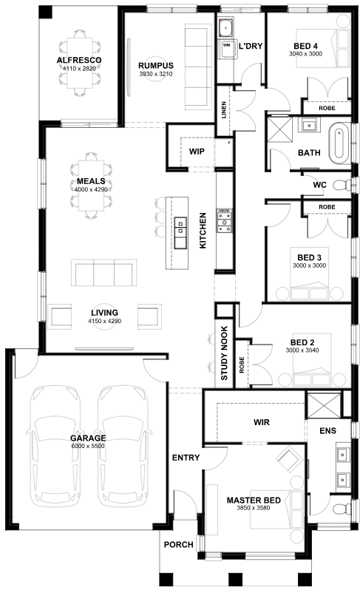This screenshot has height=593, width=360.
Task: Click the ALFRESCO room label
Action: point(79,60)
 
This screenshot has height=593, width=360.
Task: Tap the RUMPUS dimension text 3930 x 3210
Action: point(156,74)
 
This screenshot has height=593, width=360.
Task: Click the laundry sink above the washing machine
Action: point(226,27)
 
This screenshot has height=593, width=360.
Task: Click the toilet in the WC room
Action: point(342,185)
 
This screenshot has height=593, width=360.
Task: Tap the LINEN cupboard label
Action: point(224,110)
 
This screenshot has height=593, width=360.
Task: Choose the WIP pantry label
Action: point(197,152)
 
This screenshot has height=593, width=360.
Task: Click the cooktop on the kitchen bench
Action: point(224,220)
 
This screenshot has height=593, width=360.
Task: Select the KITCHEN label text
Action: point(203,230)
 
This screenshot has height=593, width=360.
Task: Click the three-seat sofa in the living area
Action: point(104,272)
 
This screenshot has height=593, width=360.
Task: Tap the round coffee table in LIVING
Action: point(105,316)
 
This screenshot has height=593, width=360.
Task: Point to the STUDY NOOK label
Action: point(224,353)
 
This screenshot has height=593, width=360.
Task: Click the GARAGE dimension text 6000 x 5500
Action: point(88,446)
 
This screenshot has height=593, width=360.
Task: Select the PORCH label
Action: point(178,545)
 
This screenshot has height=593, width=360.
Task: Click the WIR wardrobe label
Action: point(262,422)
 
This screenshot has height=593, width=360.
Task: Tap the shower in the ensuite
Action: point(323,405)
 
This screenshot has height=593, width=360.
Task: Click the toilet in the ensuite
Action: point(342,508)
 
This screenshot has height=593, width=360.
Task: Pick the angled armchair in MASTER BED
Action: point(289,459)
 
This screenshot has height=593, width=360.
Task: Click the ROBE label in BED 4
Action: point(327,108)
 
